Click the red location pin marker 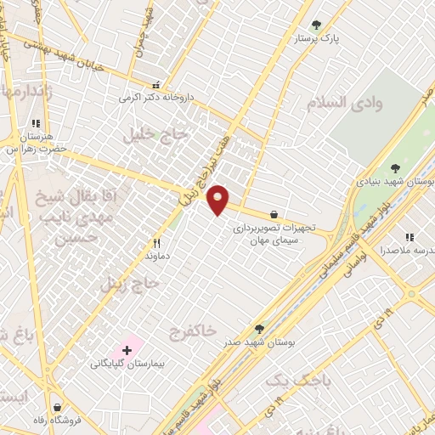[218, 200]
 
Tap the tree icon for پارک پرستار [316, 25]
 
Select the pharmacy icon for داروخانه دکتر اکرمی [155, 85]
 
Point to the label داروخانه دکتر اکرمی [156, 98]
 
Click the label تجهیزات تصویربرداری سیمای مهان [274, 234]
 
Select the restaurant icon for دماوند [156, 242]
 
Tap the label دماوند [157, 255]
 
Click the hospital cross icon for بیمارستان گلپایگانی [127, 350]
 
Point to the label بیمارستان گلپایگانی [126, 364]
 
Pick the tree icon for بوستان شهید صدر [259, 328]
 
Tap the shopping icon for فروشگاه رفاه [56, 408]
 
